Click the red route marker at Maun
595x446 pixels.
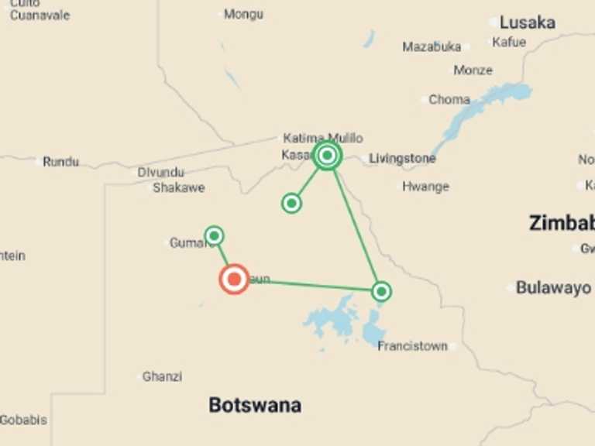[x=234, y=279]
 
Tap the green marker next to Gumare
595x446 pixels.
[x=215, y=235]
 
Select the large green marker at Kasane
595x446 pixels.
[x=328, y=156]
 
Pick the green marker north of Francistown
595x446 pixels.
[x=381, y=291]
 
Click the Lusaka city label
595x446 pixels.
[x=527, y=22]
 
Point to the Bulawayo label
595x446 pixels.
[x=553, y=288]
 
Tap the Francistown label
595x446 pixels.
[x=412, y=346]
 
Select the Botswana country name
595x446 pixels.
[x=255, y=404]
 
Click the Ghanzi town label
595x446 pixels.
[x=162, y=377]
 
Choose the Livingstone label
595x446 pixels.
[x=402, y=159]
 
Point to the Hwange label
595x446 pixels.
[x=425, y=187]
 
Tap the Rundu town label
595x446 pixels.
[x=60, y=162]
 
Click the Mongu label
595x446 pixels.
[x=243, y=14]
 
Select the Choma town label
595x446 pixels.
[x=449, y=99]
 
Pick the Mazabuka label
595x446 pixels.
[x=432, y=46]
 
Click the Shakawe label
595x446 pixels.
[x=179, y=187]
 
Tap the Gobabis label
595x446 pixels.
[x=23, y=420]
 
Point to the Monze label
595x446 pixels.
[x=473, y=70]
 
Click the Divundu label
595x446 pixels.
[x=160, y=173]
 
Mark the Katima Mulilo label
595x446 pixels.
[x=322, y=138]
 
